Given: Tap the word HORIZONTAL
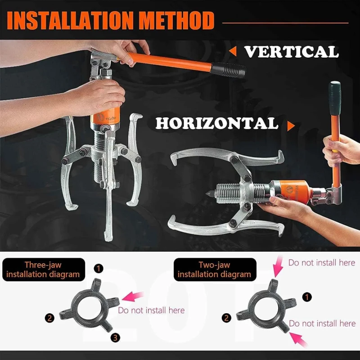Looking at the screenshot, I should click(217, 123).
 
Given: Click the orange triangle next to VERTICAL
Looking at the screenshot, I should click(233, 52).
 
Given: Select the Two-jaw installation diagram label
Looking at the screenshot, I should click(214, 270).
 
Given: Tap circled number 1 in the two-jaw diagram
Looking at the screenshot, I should click(307, 297).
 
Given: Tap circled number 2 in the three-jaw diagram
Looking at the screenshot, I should click(50, 318).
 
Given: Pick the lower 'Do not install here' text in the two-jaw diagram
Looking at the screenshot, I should click(322, 324).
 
